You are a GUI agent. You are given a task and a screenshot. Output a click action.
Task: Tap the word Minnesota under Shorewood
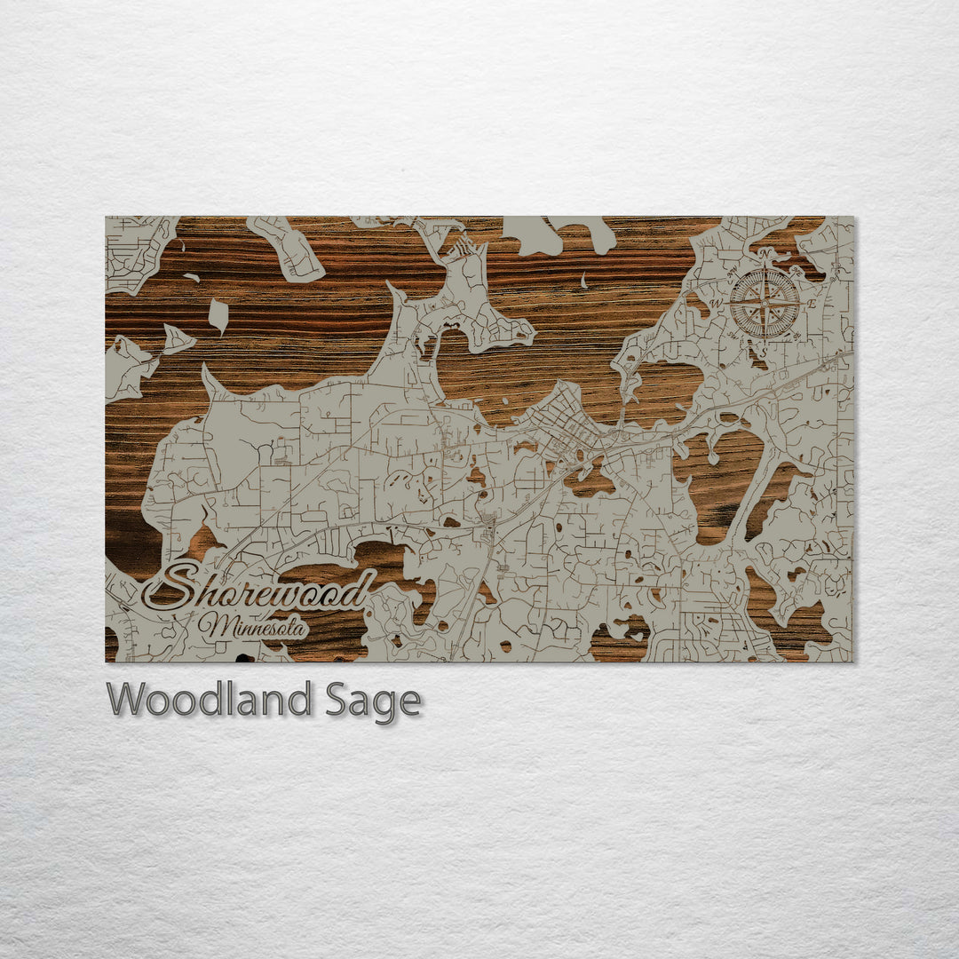pos(253,626)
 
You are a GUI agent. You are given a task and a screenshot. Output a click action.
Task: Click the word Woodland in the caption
pos(210,700)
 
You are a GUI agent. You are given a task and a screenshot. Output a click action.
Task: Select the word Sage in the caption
pos(372,701)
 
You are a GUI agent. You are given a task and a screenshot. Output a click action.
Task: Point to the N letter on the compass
pos(765,255)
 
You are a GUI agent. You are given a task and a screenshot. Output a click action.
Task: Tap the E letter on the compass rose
pos(812,304)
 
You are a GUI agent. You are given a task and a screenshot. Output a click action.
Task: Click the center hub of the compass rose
pos(765,303)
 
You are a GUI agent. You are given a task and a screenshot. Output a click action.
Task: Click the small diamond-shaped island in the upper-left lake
pos(218,315)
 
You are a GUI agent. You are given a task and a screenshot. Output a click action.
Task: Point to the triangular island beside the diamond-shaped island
pos(176,339)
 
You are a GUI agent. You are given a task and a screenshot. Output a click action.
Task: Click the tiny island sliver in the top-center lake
pos(584,281)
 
